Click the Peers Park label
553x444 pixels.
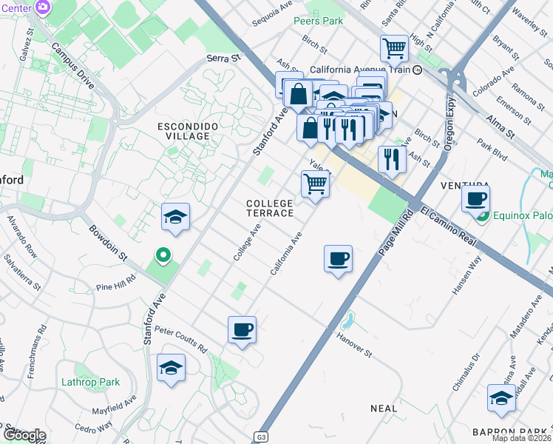point(318,21)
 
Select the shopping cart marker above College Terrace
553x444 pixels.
point(316,184)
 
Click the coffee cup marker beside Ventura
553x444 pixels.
point(476,198)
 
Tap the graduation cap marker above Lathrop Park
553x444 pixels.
point(171,367)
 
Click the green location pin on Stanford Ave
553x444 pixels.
point(163,256)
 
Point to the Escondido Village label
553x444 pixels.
point(188,131)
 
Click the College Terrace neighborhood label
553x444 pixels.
point(270,208)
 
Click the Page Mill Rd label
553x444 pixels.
point(395,235)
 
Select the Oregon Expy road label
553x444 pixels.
point(447,132)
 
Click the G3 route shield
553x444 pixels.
point(260,437)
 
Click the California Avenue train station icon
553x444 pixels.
point(417,70)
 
